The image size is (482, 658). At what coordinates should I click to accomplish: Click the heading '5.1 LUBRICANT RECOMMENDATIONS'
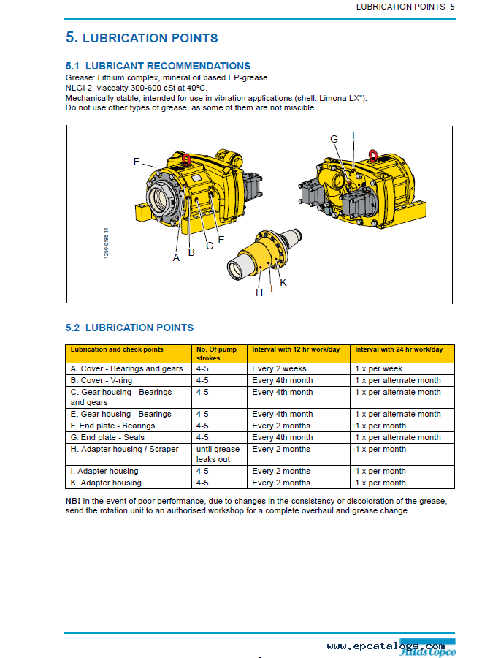pos(158,66)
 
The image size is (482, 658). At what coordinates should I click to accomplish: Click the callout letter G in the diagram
pos(334,139)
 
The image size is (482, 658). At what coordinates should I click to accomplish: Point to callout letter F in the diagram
pos(355,135)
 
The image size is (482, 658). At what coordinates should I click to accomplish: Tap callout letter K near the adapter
pos(283,282)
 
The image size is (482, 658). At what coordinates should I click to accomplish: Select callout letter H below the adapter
pos(259,292)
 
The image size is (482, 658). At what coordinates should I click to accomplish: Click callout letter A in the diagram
pos(176,257)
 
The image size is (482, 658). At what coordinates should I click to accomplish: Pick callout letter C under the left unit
pos(210,246)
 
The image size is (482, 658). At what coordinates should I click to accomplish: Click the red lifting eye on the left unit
pos(187,159)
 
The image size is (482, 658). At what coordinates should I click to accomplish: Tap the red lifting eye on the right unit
pos(373,155)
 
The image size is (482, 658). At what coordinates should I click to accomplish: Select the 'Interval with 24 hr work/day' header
pos(399,349)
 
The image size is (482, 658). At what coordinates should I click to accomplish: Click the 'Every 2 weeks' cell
pos(280,369)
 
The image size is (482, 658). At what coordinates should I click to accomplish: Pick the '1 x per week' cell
pos(378,369)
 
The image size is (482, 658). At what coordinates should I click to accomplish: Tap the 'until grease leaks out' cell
pos(218,454)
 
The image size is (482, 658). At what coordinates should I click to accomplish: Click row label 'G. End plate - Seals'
pos(107,437)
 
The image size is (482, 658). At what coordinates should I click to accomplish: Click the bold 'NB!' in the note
pos(72,501)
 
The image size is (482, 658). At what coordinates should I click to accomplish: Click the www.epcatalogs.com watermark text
pos(386,646)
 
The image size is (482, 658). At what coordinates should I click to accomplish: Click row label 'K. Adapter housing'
pos(106,483)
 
